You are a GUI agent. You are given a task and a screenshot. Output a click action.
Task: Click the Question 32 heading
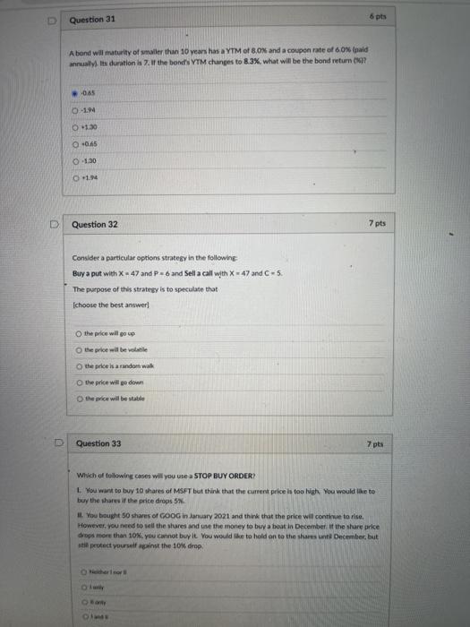coord(94,223)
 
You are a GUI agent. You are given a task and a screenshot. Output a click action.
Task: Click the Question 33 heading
coord(98,443)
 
